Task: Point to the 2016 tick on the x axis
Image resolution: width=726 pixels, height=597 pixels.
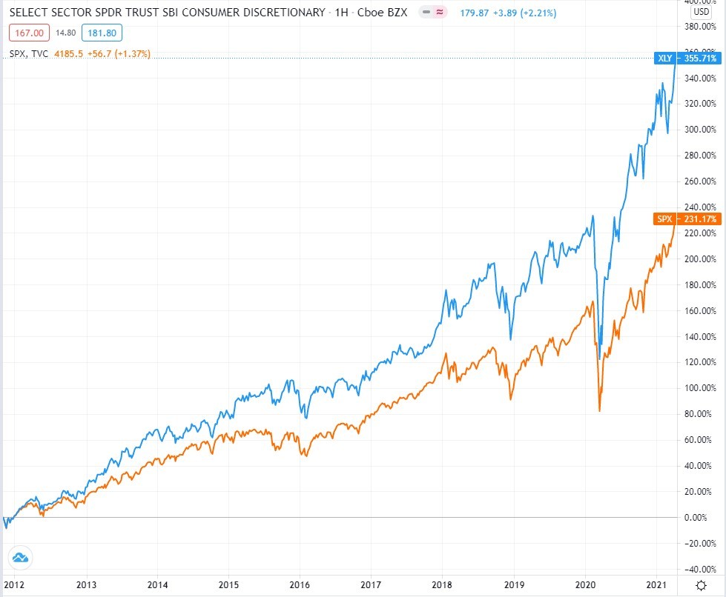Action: click(300, 583)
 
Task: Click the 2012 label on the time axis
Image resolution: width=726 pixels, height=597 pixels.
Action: click(16, 583)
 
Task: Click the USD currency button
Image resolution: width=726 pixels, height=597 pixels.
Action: click(700, 13)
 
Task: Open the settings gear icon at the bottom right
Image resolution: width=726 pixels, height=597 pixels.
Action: click(701, 584)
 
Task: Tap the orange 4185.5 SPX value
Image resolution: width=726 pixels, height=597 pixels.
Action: click(70, 53)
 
